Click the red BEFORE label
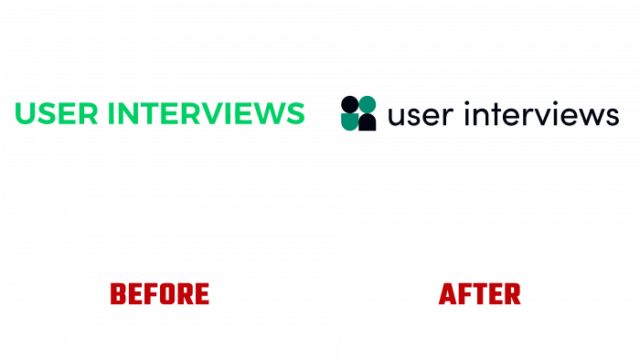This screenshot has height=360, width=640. (x=160, y=294)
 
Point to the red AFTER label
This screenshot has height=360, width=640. (x=480, y=294)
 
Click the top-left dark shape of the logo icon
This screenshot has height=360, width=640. (x=350, y=103)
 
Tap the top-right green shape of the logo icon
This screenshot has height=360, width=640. (x=367, y=103)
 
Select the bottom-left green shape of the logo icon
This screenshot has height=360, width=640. (x=350, y=121)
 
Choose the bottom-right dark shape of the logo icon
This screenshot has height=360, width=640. (x=367, y=121)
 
